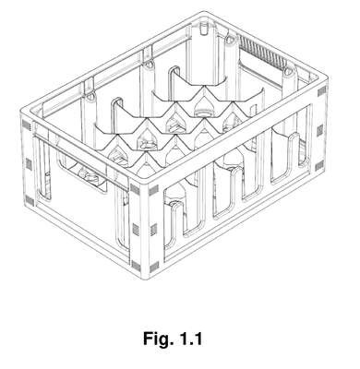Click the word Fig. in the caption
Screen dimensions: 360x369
157,339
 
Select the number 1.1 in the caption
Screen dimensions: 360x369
190,339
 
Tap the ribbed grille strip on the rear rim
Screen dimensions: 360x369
261,53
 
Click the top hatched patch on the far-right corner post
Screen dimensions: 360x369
322,90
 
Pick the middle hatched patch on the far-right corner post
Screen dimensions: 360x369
320,130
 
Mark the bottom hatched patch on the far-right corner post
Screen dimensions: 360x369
319,166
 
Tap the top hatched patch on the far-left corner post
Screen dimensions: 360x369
27,125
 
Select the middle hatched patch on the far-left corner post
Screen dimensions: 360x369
29,164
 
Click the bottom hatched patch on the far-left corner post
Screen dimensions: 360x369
30,201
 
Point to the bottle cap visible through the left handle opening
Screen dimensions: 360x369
87,174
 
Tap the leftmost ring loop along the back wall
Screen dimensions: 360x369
90,97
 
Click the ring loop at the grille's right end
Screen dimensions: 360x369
287,71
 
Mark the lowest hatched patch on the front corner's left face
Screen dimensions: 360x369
136,264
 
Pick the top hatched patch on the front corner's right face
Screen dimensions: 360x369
154,191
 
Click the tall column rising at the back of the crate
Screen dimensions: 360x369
204,55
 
